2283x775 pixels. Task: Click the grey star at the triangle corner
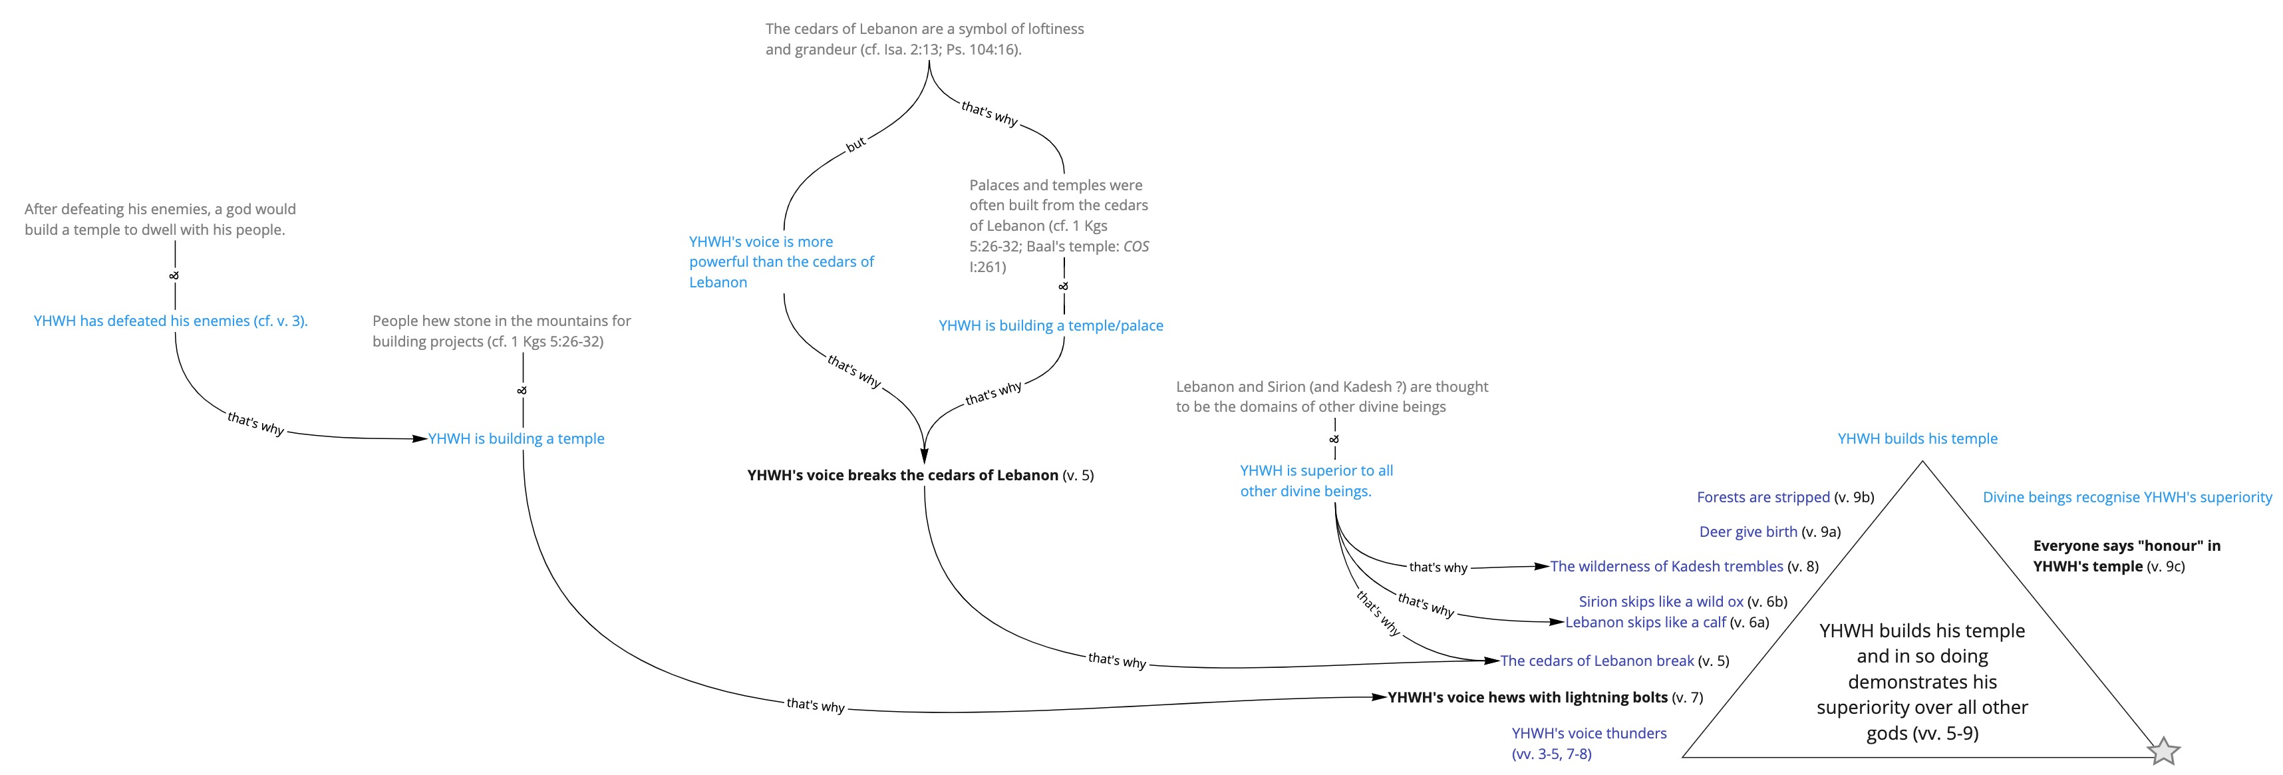(x=2163, y=751)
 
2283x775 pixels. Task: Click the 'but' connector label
(x=855, y=144)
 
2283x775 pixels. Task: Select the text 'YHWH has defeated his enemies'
(x=142, y=321)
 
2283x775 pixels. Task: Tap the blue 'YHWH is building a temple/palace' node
(x=1051, y=325)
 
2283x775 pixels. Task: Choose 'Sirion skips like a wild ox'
(x=1661, y=601)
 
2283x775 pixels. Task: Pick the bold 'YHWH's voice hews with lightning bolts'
(x=1528, y=697)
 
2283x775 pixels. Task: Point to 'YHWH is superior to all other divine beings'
(x=1316, y=480)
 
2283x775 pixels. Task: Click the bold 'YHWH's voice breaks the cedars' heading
(x=902, y=474)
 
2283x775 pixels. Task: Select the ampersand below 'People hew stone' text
(x=522, y=390)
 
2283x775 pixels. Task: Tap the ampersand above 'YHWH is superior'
(x=1334, y=439)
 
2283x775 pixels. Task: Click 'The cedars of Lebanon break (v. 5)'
(x=1614, y=661)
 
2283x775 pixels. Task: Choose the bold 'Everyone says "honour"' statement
(x=2126, y=556)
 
